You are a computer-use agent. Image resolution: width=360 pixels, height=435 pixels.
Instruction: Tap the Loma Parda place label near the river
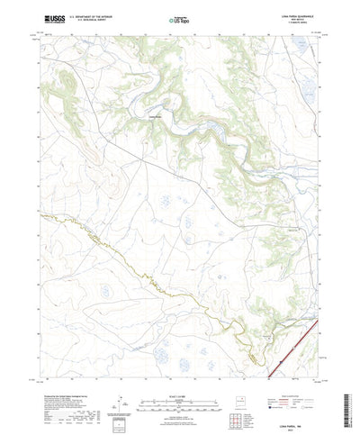pyautogui.click(x=154, y=115)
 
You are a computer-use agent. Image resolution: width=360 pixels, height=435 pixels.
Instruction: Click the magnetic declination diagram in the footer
pyautogui.click(x=125, y=389)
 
